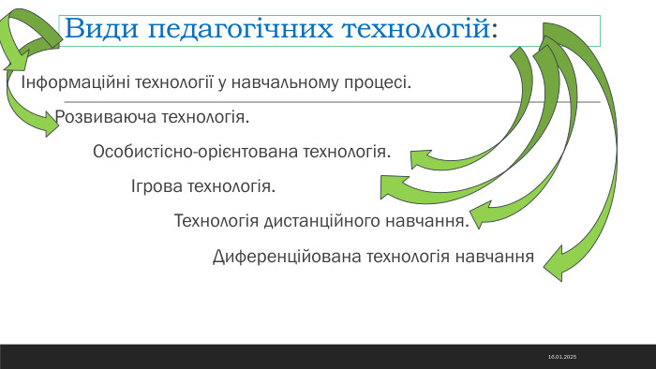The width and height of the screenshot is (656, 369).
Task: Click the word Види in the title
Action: [x=97, y=28]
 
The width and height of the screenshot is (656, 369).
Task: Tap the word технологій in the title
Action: [x=412, y=28]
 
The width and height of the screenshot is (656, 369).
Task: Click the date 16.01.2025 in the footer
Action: [x=562, y=358]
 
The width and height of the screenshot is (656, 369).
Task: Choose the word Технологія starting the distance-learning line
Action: [x=216, y=221]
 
